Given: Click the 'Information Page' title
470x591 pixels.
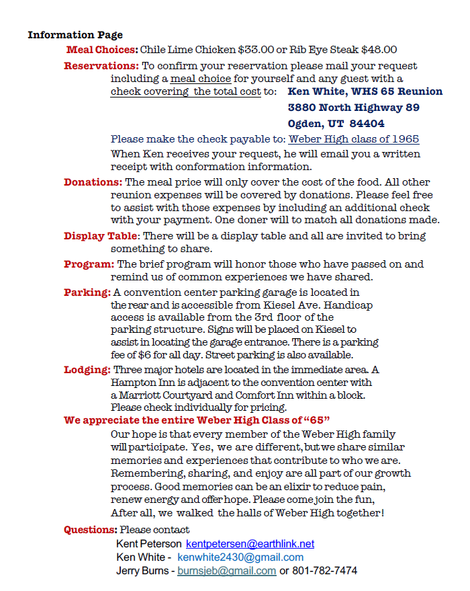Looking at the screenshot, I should click(x=75, y=35).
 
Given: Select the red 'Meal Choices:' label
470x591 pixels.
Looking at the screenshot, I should click(x=102, y=50).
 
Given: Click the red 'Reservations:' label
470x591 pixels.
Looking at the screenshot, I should click(x=101, y=66).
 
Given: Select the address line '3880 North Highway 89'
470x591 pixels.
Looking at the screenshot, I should click(x=354, y=108).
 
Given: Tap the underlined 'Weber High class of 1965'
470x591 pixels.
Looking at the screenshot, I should click(x=354, y=139).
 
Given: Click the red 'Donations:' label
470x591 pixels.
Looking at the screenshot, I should click(x=93, y=182).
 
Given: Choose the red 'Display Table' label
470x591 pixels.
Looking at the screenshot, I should click(x=100, y=236).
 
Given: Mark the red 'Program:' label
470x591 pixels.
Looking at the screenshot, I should click(x=89, y=264).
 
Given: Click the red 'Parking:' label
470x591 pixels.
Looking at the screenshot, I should click(x=87, y=292).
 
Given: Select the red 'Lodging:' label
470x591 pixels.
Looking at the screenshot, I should click(x=87, y=370).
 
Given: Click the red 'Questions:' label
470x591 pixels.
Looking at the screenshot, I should click(x=91, y=530).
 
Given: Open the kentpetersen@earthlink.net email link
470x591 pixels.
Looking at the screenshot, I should click(x=250, y=544).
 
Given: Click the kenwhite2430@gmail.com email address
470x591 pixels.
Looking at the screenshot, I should click(x=240, y=557).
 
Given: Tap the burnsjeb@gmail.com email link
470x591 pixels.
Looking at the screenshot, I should click(x=226, y=571).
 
